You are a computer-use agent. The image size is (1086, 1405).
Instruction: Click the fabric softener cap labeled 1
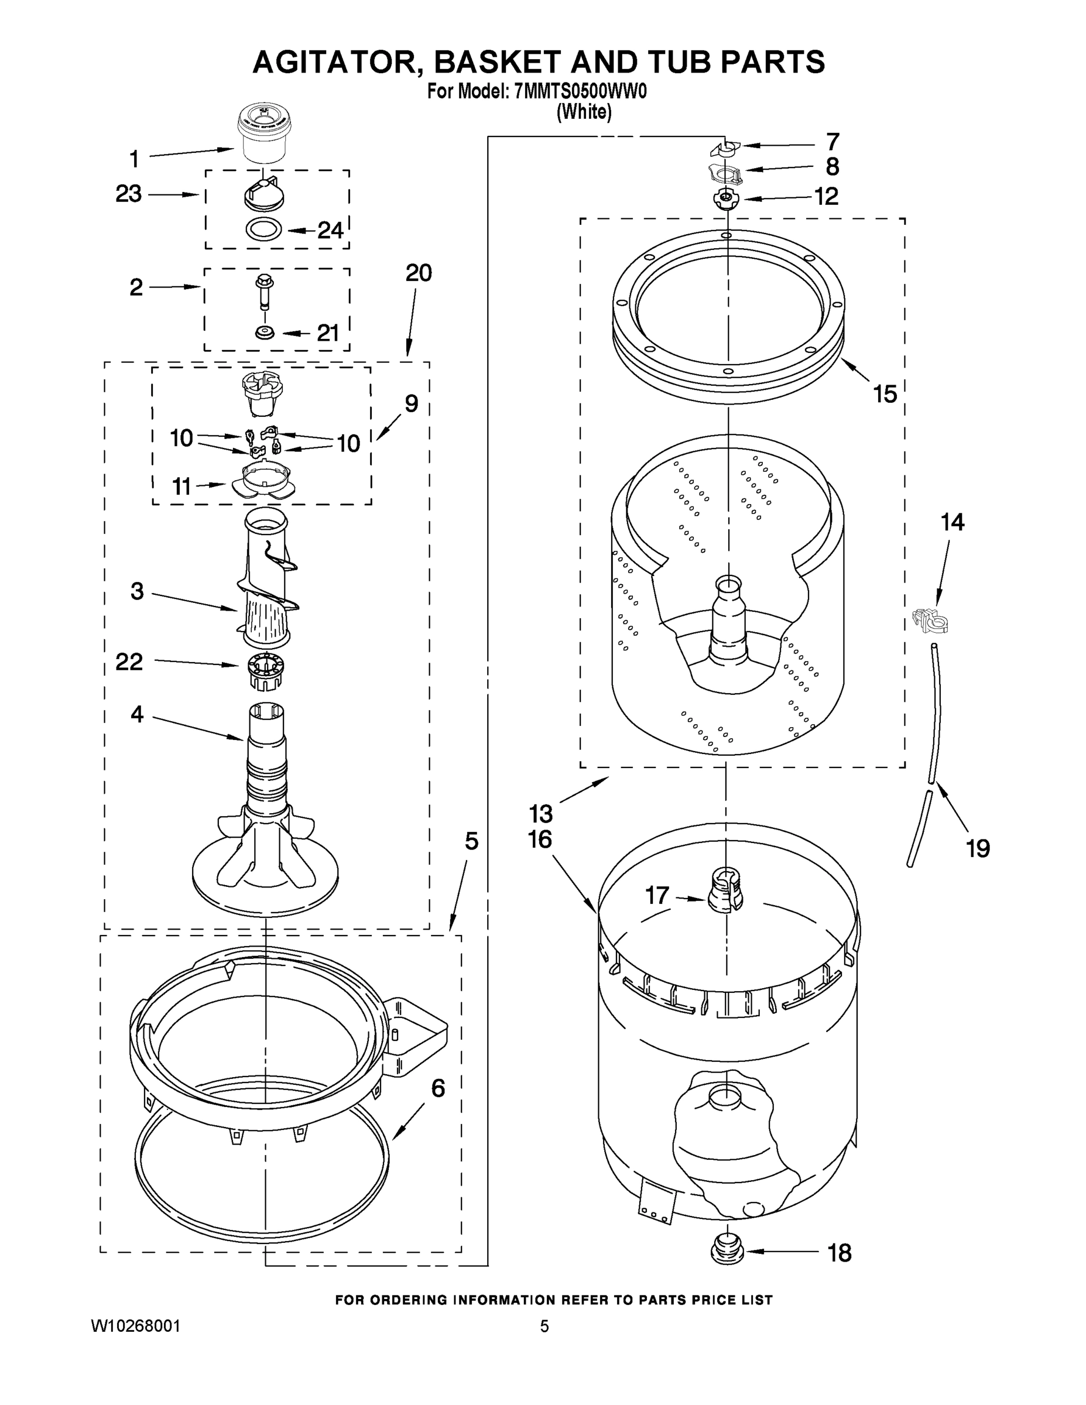click(264, 136)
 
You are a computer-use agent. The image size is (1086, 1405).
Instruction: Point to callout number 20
click(418, 273)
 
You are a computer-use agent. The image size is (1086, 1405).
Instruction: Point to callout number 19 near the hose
click(978, 848)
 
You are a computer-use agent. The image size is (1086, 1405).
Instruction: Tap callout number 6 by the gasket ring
click(437, 1088)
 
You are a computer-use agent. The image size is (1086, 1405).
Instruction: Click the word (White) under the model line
click(584, 112)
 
